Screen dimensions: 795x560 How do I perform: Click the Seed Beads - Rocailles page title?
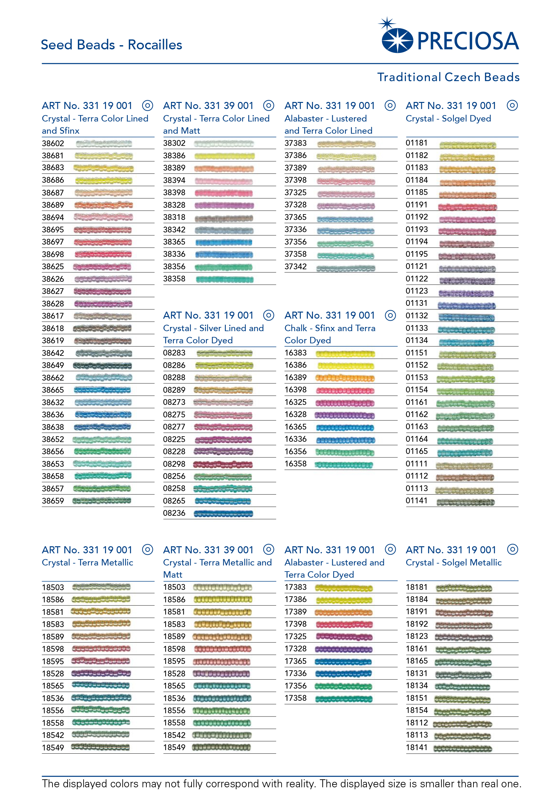pyautogui.click(x=111, y=45)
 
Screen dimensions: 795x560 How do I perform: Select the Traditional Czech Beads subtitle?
pyautogui.click(x=448, y=77)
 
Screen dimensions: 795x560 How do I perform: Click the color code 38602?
pyautogui.click(x=53, y=143)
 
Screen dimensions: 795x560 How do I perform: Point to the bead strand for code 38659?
pyautogui.click(x=102, y=501)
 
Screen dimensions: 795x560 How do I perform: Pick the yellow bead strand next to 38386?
pyautogui.click(x=224, y=156)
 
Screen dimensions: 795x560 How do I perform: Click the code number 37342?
pyautogui.click(x=295, y=267)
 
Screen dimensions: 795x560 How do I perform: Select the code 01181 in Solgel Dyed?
pyautogui.click(x=416, y=143)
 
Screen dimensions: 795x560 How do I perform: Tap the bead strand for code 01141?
pyautogui.click(x=465, y=502)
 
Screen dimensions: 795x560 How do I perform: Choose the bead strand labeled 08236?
pyautogui.click(x=223, y=514)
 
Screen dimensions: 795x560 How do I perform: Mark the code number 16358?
pyautogui.click(x=295, y=464)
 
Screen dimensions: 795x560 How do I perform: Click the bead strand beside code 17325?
pyautogui.click(x=344, y=636)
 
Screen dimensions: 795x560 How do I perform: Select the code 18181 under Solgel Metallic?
pyautogui.click(x=416, y=587)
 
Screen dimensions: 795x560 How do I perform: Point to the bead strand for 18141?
pyautogui.click(x=463, y=748)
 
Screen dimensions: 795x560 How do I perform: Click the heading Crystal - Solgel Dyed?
pyautogui.click(x=448, y=118)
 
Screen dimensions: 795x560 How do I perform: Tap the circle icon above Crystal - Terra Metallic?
pyautogui.click(x=147, y=549)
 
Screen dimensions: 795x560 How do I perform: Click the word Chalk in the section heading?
pyautogui.click(x=296, y=328)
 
